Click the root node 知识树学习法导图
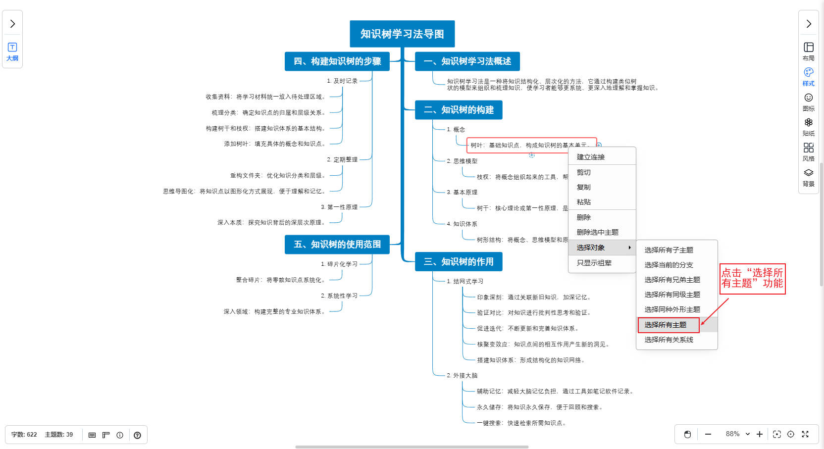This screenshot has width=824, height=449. (402, 34)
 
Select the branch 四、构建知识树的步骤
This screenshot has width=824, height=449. (337, 61)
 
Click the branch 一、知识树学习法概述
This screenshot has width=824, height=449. (467, 61)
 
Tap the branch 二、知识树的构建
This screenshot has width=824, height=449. (459, 110)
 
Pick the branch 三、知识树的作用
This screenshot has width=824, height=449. (459, 262)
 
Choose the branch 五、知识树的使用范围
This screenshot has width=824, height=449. (337, 245)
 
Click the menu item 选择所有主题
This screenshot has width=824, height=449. (665, 325)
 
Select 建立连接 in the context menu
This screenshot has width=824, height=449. (591, 157)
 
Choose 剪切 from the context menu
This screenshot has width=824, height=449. (584, 172)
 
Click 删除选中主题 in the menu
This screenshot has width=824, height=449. (597, 232)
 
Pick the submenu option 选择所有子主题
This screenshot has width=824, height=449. (669, 250)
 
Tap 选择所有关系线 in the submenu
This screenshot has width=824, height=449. (669, 340)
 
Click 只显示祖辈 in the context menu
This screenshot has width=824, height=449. (594, 263)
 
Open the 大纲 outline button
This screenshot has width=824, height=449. (12, 51)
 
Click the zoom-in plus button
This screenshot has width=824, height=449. (760, 434)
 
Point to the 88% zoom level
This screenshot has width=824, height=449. (733, 434)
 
